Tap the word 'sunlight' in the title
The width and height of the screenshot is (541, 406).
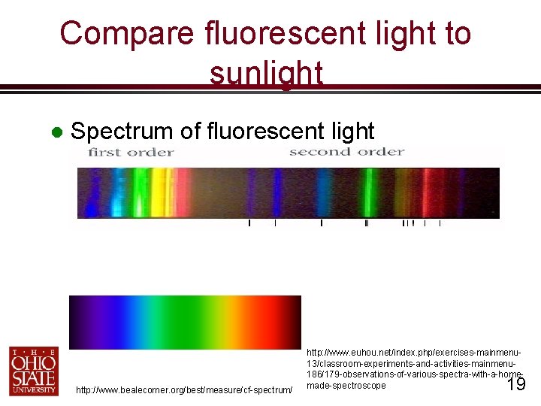[x=267, y=73]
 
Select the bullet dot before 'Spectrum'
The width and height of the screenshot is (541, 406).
[x=54, y=132]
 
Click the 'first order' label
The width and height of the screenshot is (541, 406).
[x=131, y=153]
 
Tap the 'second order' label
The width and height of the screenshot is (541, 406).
[x=346, y=152]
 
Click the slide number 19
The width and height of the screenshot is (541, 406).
[x=515, y=386]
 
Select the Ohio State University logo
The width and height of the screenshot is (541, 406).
[x=33, y=370]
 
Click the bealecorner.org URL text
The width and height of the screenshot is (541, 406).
[x=184, y=389]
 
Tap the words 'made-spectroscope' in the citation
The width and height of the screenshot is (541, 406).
[x=346, y=386]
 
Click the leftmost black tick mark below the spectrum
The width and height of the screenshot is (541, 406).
[x=249, y=223]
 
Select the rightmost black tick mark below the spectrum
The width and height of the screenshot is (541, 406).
[x=440, y=223]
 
